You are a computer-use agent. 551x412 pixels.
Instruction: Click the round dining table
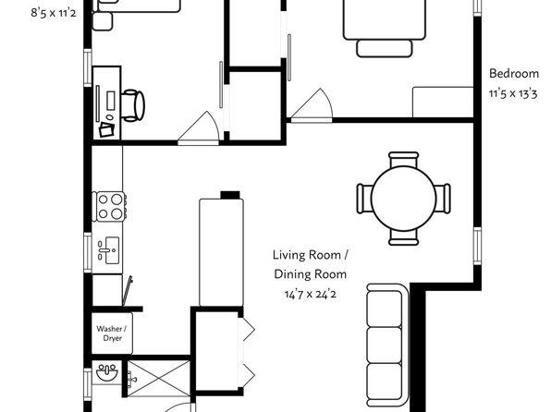coord(403,199)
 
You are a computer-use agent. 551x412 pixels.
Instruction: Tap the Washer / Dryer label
coord(112,333)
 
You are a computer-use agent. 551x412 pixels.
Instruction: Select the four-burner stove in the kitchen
coord(110,207)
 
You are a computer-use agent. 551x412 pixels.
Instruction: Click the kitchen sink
coord(108,250)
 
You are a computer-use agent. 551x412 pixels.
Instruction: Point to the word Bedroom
coord(514,74)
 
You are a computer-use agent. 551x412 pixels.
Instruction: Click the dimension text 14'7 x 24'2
coord(311,294)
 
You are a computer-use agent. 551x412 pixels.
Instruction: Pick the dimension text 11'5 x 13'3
coord(513,94)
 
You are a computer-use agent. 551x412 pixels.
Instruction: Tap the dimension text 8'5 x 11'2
coord(54,13)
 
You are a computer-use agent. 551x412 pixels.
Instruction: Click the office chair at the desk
coord(133,105)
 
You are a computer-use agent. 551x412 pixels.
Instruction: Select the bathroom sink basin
coord(107,374)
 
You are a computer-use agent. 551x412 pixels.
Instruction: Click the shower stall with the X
coord(159,378)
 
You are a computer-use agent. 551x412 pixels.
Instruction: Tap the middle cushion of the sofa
coord(384,345)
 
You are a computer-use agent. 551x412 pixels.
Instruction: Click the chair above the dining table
coord(403,160)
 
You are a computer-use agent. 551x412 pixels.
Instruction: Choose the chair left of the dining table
coord(364,199)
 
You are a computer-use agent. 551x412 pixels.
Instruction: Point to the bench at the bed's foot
coord(384,48)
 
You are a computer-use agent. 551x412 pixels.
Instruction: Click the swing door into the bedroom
coord(312,106)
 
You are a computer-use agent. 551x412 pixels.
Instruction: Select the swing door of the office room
coord(199,128)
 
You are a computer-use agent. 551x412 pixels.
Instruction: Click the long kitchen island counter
coord(221,252)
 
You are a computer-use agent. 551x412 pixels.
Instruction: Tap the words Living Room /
coord(311,255)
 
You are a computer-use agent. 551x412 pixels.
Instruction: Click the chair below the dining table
coord(403,237)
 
